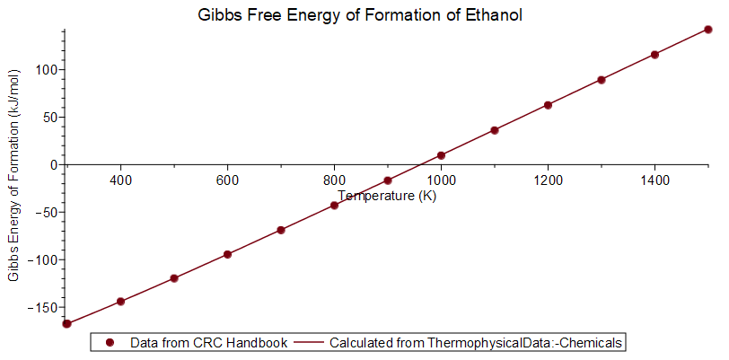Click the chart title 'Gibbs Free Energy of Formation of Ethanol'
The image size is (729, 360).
360,15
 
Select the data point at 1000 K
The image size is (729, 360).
441,155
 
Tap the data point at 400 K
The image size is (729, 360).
120,302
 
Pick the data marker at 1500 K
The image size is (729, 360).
708,30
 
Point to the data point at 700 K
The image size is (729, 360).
281,230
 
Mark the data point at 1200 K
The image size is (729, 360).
548,105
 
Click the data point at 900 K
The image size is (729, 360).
388,180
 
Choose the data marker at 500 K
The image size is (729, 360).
174,278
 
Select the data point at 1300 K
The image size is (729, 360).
602,80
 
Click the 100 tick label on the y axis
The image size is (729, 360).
48,70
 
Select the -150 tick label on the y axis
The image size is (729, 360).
41,308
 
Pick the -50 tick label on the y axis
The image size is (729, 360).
45,213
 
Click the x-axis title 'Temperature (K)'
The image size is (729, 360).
387,196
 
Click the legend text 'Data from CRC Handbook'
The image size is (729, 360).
208,342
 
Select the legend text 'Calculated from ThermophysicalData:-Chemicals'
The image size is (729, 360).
477,342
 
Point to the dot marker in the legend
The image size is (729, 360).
110,342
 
